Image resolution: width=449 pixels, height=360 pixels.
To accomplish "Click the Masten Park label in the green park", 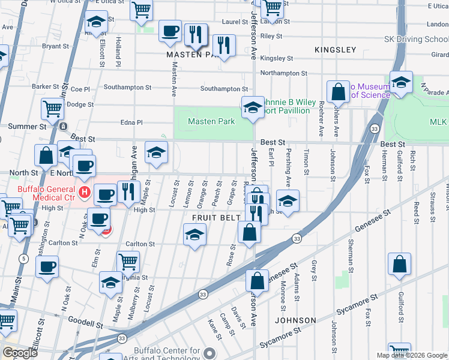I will coord(211,122).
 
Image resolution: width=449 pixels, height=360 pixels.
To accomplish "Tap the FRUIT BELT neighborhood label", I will coord(216,217).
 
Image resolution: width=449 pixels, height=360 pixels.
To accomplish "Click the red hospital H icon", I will coord(85,193).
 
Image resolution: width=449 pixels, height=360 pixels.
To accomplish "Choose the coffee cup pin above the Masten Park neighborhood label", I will coord(170,31).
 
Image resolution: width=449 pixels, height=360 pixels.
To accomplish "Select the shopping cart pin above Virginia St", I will coord(128,262).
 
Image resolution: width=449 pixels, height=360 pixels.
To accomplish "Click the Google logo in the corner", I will coord(20,352).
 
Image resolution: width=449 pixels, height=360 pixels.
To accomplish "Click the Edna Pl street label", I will coord(131,122).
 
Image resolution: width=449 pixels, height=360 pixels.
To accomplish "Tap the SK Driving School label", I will coord(416,40).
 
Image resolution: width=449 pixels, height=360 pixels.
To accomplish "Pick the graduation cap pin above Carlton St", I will coord(194,235).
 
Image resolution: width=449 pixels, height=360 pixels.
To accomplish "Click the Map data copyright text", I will coord(411,355).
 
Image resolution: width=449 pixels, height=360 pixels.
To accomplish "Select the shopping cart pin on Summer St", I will coord(53,109).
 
